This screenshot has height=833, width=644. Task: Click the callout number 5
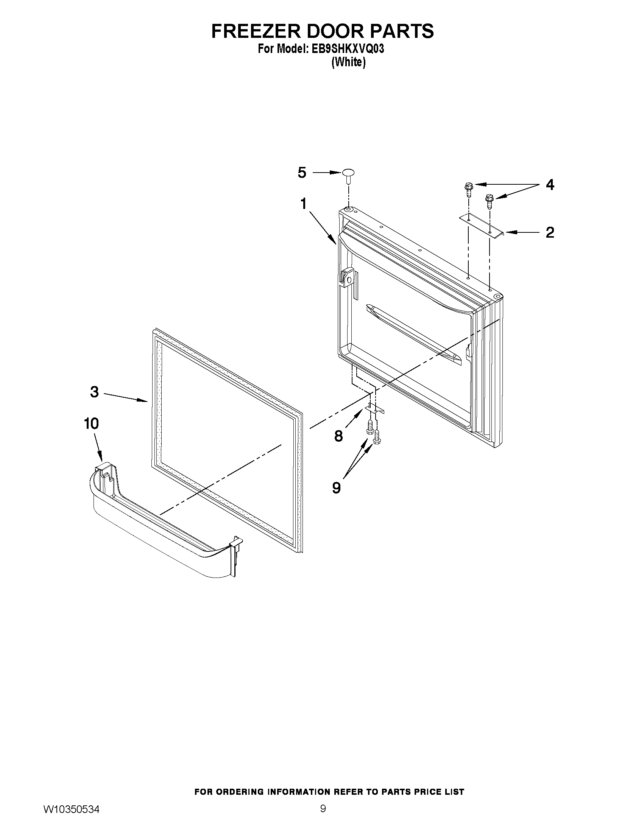tap(302, 173)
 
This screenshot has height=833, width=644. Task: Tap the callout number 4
tap(549, 185)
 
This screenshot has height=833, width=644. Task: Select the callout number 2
tap(549, 232)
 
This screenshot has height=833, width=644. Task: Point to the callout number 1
tap(303, 204)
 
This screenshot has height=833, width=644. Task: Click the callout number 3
tap(94, 392)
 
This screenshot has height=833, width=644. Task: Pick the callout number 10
tap(92, 424)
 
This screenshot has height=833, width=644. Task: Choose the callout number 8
tap(338, 436)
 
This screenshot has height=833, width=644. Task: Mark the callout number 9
tap(336, 487)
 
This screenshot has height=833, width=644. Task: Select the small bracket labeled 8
tap(374, 408)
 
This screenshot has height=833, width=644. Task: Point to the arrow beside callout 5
tap(327, 173)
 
